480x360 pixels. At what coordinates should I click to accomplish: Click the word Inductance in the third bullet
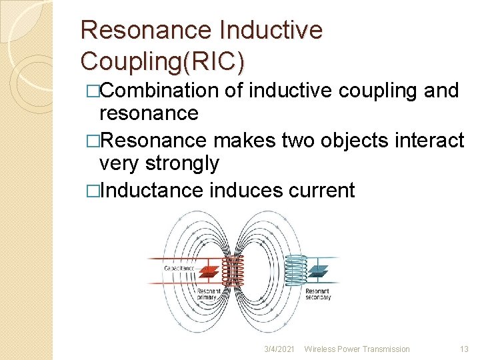pos(151,191)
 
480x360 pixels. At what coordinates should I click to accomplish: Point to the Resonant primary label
pos(209,294)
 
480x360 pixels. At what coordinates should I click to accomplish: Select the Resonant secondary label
pos(318,294)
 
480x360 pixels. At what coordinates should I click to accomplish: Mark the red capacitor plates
pos(209,271)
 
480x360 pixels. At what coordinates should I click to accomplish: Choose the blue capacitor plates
pos(320,270)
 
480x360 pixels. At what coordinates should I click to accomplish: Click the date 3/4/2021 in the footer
pos(278,349)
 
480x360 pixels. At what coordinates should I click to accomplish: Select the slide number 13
pos(464,349)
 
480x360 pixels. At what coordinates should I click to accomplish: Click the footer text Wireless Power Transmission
pos(357,349)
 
